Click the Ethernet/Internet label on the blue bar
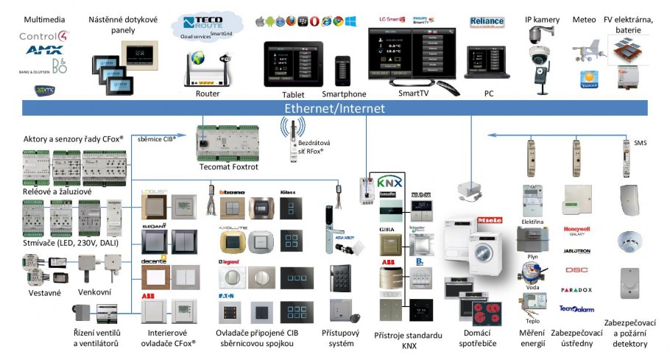coord(334,108)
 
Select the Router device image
coord(208,67)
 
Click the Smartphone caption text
coord(344,94)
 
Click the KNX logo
coord(388,182)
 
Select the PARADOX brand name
coord(576,290)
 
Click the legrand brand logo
coord(230,262)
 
